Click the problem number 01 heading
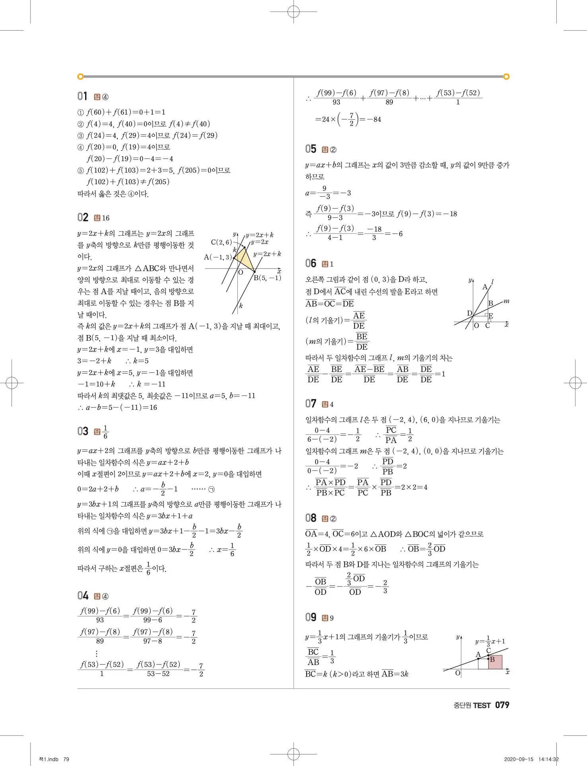point(82,96)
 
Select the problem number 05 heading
point(311,149)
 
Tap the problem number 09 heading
point(311,618)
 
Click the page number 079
point(502,705)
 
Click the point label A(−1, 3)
point(218,257)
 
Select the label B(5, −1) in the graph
point(267,278)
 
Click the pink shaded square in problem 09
point(495,662)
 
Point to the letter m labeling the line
point(506,301)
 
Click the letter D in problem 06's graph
point(469,313)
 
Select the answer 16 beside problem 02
point(105,218)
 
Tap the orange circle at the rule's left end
point(80,76)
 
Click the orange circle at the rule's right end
point(506,76)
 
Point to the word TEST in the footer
point(482,706)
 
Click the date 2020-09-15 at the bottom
point(519,759)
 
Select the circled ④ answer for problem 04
point(105,596)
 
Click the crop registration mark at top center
point(293,12)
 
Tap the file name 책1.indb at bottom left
point(49,759)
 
